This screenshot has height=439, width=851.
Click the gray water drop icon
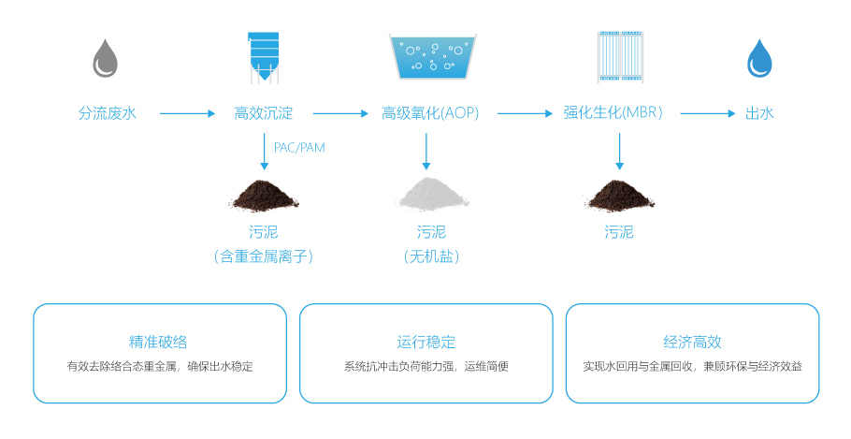coord(106,57)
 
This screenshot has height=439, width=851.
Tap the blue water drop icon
coord(759,57)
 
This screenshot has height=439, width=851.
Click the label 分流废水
coord(108,113)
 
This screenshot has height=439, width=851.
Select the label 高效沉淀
coord(264,113)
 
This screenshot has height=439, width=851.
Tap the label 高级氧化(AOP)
coord(430,113)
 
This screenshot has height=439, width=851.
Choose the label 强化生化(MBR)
coord(613,113)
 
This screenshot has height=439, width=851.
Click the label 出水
coord(759,113)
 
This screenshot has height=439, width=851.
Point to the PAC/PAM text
coord(299,147)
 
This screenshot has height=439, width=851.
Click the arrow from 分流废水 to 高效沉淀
coord(187,114)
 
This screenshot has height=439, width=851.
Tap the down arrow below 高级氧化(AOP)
coord(426,150)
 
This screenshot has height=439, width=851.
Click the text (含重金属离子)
coord(263,256)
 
